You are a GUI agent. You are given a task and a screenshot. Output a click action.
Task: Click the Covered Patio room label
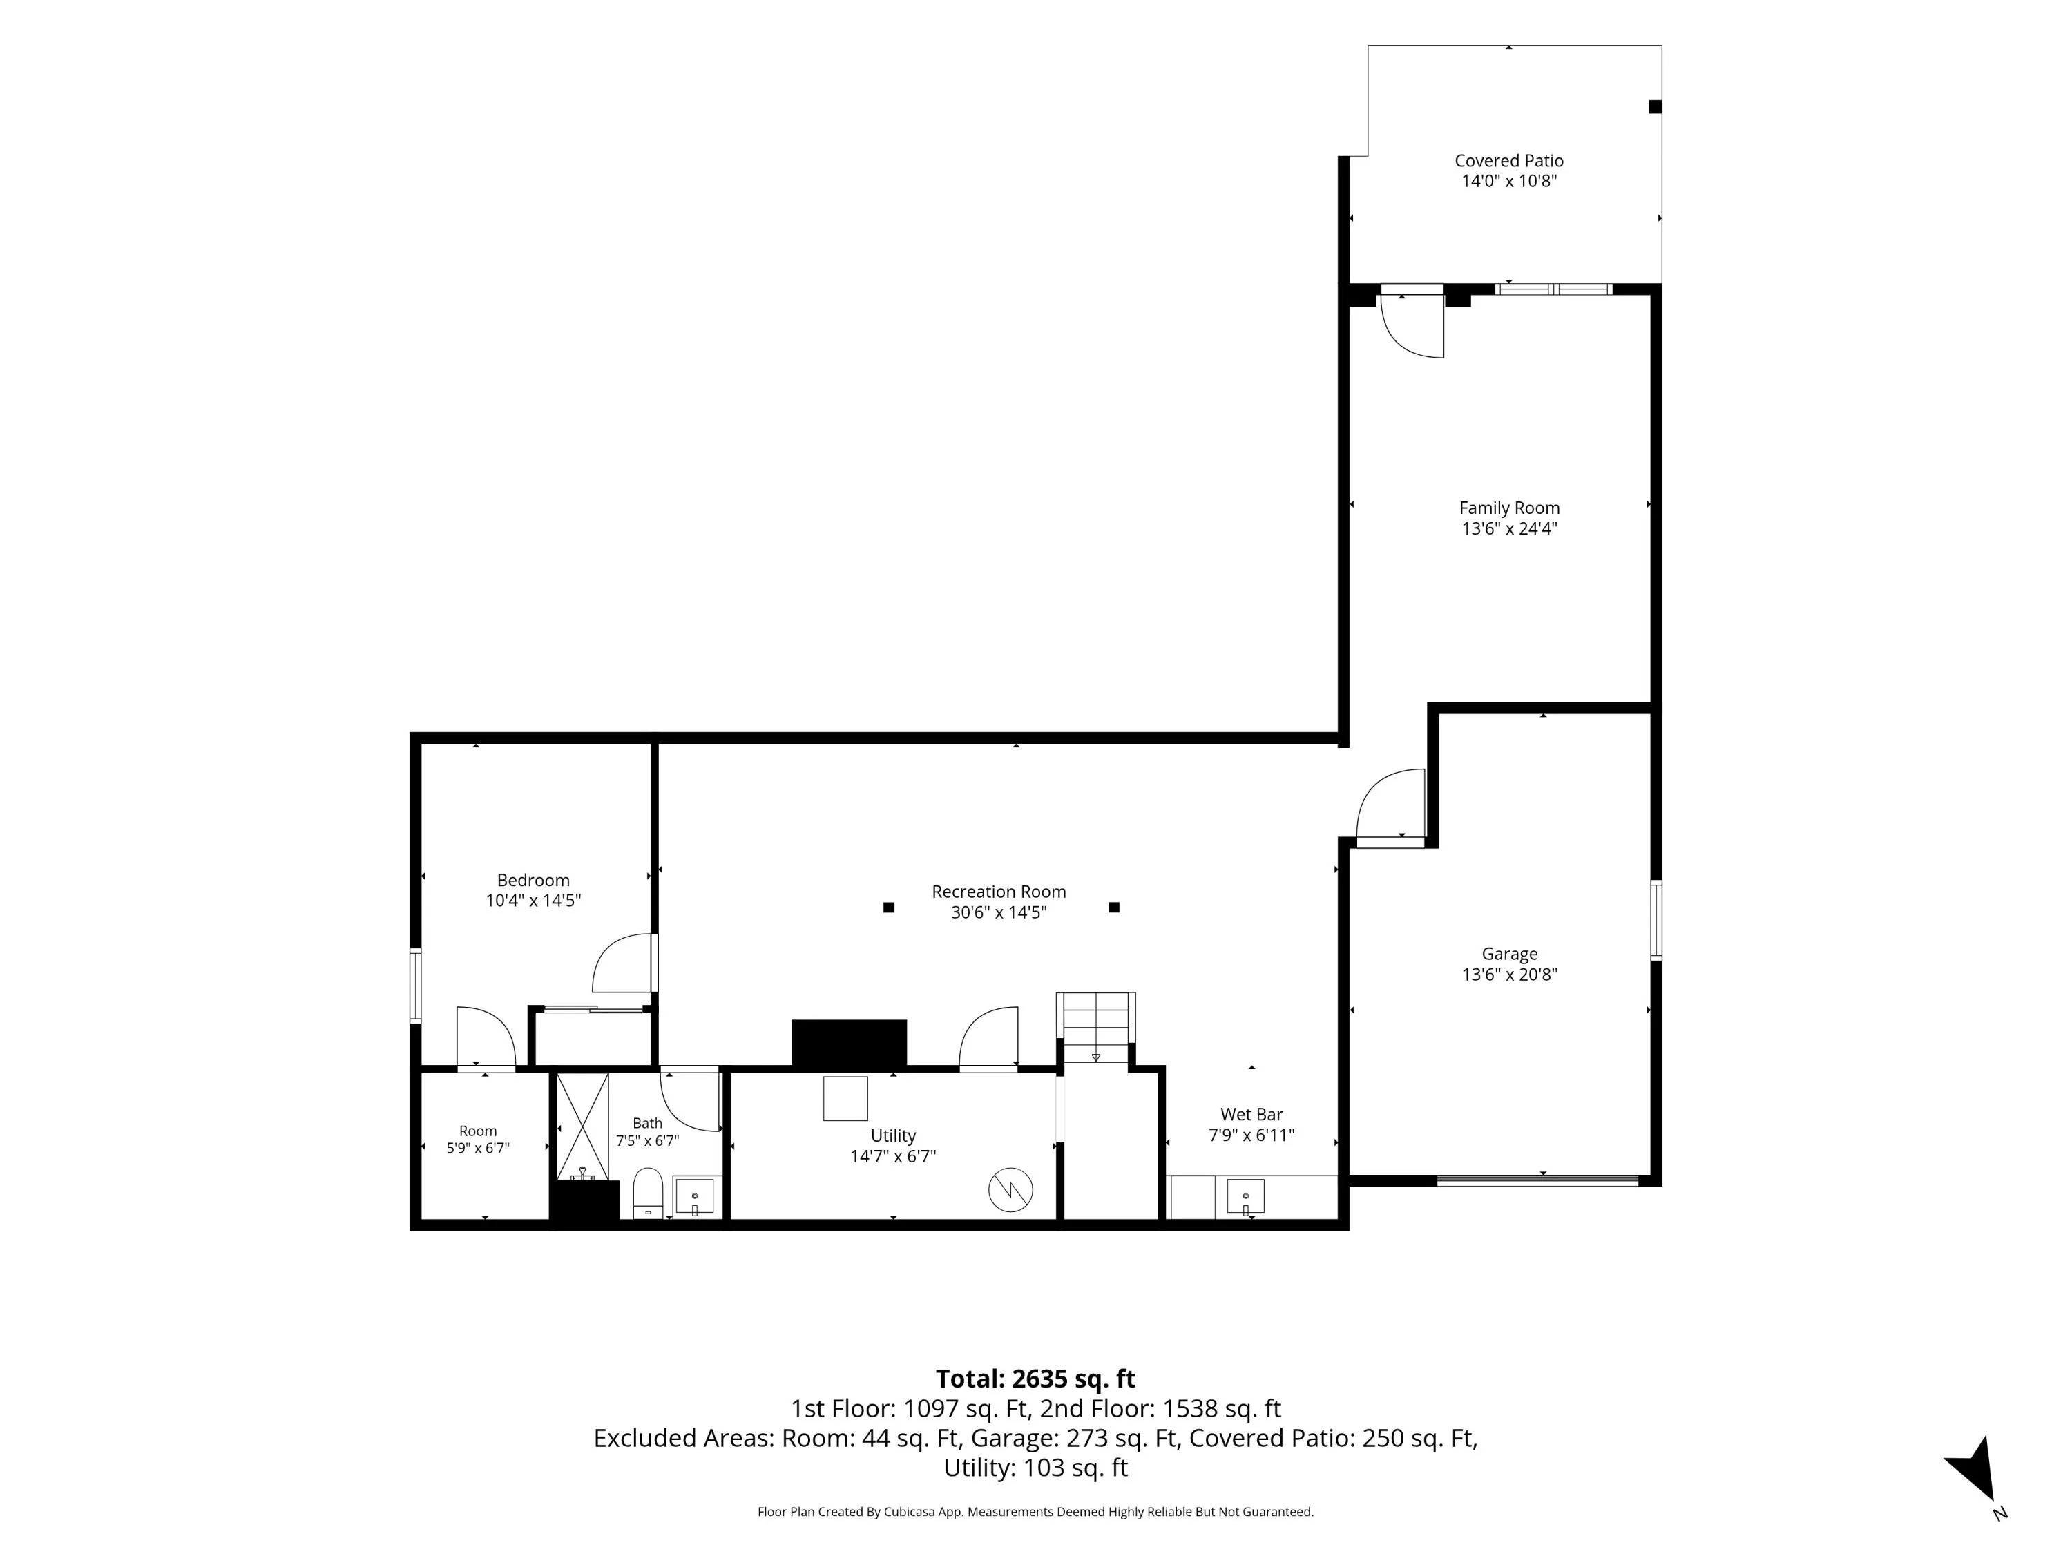[x=1508, y=161]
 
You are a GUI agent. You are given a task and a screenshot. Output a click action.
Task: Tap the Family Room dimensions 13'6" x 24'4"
[x=1509, y=528]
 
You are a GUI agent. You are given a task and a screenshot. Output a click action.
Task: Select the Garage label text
[x=1509, y=955]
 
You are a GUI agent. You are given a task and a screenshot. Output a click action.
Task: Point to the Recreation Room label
[x=999, y=892]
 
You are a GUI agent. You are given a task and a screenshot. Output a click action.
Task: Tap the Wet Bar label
[x=1251, y=1115]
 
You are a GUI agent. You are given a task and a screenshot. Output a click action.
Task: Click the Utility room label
[x=892, y=1136]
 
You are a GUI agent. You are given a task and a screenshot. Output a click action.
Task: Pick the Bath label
[x=647, y=1123]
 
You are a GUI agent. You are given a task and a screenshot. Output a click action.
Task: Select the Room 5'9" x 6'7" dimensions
[x=478, y=1149]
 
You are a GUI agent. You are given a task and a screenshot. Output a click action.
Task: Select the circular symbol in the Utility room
[x=1010, y=1189]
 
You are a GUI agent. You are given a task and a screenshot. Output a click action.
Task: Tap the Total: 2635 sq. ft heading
[x=1035, y=1379]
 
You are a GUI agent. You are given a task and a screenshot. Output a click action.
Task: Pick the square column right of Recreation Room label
[x=1114, y=907]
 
